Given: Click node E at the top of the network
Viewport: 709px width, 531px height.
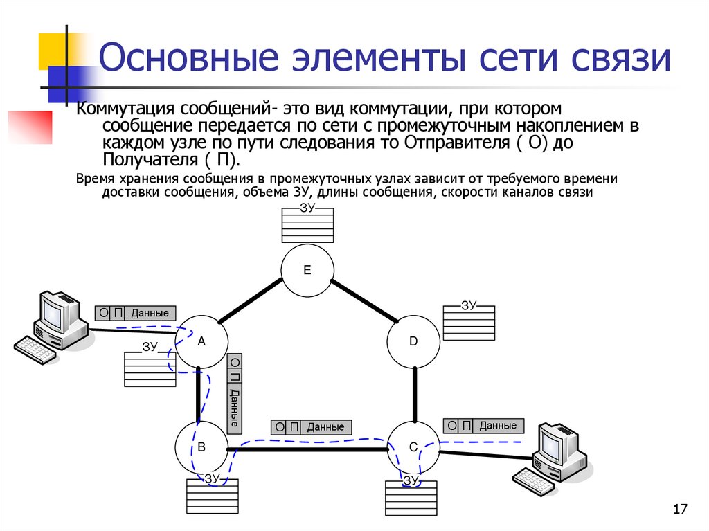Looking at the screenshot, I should (x=307, y=269).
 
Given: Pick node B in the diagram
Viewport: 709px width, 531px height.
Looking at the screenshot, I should (x=201, y=448).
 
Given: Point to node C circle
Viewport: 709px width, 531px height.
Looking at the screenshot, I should (x=413, y=448).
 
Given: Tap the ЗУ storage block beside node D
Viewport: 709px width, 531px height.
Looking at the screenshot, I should (x=469, y=322).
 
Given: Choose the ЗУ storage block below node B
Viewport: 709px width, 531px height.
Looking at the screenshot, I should (x=212, y=496).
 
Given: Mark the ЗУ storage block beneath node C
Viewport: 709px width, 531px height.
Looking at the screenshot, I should (x=411, y=498).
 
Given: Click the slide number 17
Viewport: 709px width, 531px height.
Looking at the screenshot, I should (x=679, y=510).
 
